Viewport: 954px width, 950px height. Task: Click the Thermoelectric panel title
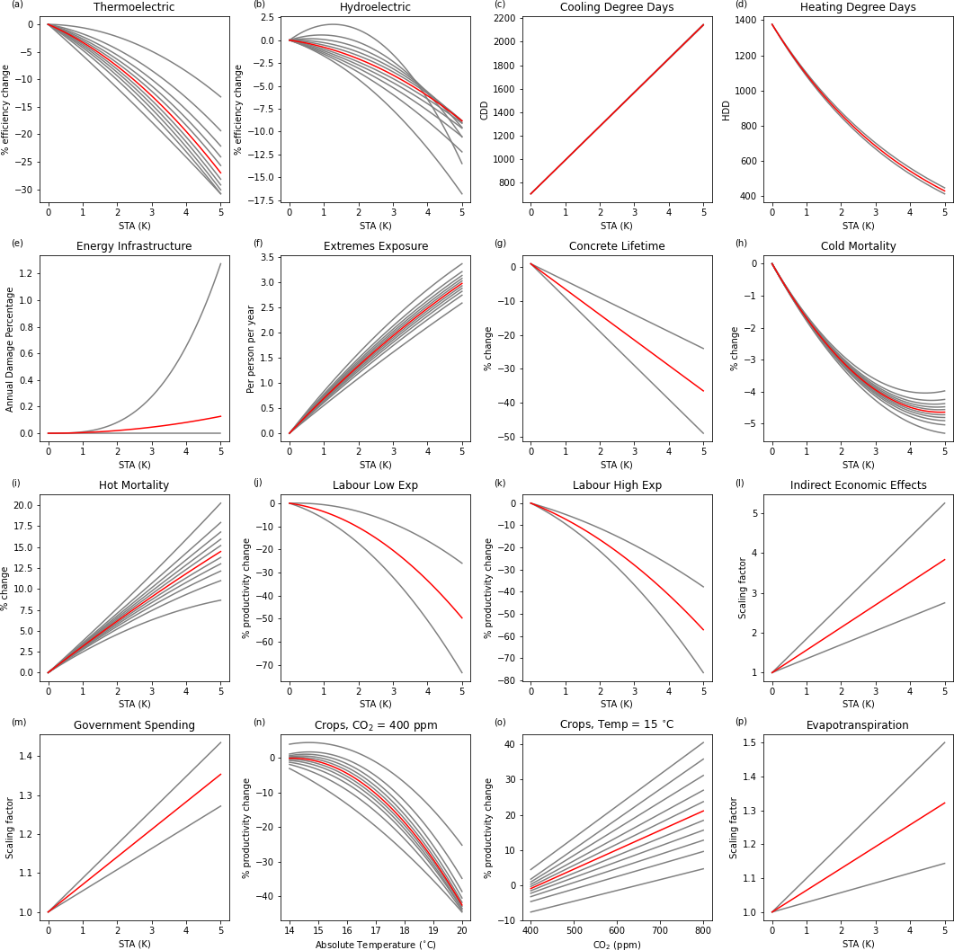tap(134, 7)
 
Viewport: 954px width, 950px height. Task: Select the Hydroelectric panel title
tap(375, 7)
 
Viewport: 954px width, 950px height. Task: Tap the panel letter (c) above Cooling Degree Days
tap(499, 4)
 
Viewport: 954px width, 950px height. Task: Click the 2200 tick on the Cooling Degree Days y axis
tap(504, 18)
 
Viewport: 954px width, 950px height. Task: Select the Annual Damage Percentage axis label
tap(10, 349)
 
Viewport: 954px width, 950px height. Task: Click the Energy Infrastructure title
tap(134, 246)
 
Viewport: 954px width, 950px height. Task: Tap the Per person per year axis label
tap(251, 349)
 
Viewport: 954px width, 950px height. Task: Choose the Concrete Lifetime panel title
tap(617, 246)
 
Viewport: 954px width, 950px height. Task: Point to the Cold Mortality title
tap(858, 246)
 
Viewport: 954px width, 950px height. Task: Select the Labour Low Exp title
tap(375, 485)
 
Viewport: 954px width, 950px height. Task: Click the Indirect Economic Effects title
tap(858, 485)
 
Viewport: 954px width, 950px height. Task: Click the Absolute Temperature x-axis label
tap(375, 944)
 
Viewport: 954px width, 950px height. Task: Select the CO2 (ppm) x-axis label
tap(617, 944)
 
